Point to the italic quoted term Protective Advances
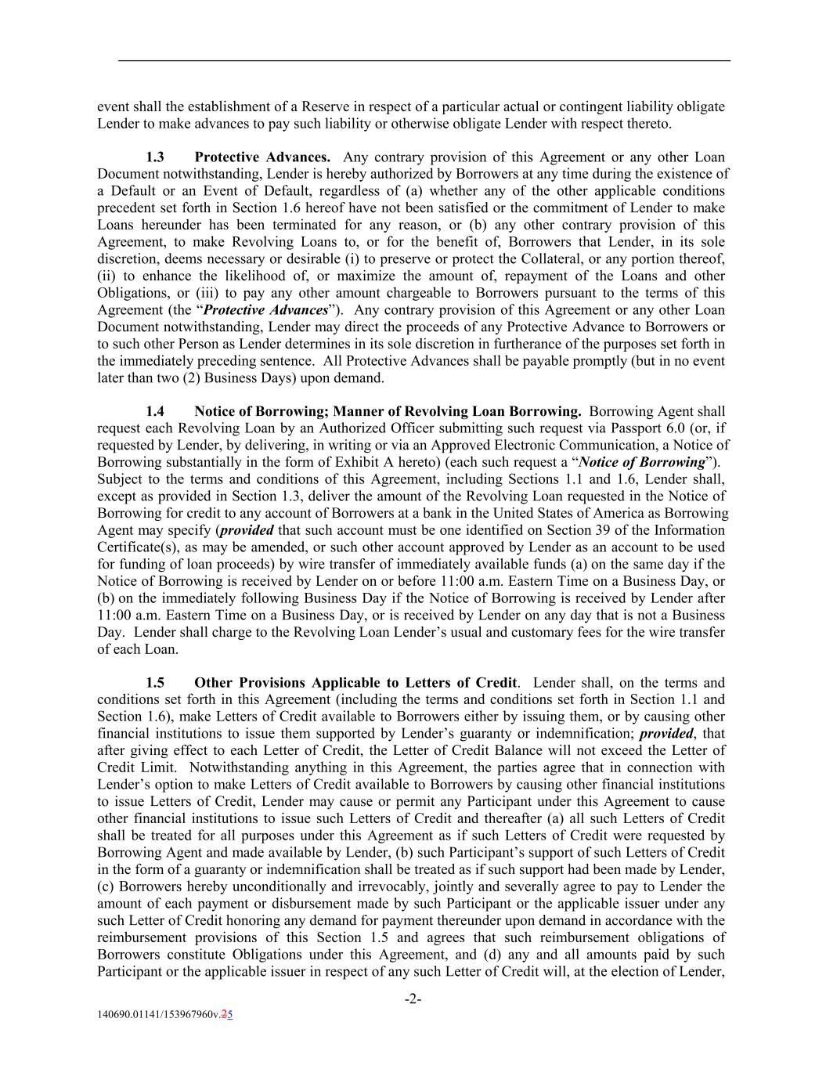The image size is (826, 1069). point(265,310)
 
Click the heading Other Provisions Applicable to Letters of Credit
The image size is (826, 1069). point(355,683)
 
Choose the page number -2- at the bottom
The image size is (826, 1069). point(413,999)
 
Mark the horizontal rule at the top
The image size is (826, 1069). point(424,60)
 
